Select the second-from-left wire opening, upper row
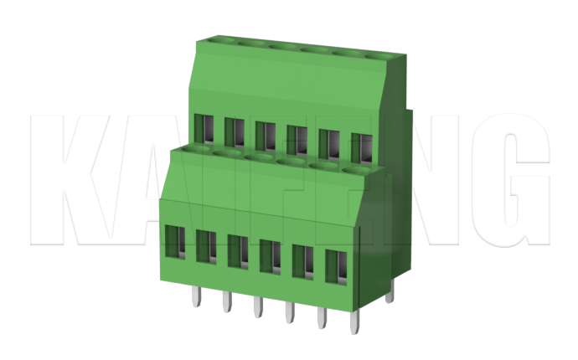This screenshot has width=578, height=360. click(x=234, y=132)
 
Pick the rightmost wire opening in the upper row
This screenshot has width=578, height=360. click(x=360, y=147)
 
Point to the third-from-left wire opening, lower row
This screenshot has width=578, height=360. click(x=237, y=251)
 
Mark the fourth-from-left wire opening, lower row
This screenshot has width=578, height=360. click(x=269, y=256)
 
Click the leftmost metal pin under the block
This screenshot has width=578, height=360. click(x=194, y=296)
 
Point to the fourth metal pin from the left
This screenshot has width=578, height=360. click(x=289, y=314)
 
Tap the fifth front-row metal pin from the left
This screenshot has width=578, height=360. click(x=322, y=319)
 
